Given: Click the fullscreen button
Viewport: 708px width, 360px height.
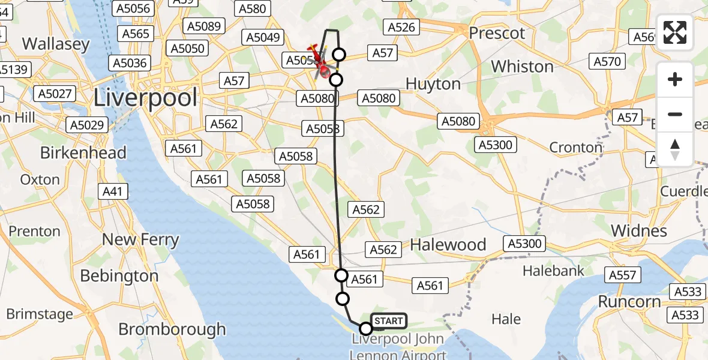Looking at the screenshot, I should [x=675, y=32].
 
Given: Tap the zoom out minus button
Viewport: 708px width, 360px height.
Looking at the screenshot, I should [x=675, y=114].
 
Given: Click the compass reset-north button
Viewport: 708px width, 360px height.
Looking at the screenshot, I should [x=675, y=149].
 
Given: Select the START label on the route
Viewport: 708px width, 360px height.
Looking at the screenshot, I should [x=389, y=321].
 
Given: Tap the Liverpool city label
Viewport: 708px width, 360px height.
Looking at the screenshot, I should [x=146, y=97].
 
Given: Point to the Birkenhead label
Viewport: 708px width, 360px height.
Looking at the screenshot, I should [x=83, y=152].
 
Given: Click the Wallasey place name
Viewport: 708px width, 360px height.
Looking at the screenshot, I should [x=56, y=44].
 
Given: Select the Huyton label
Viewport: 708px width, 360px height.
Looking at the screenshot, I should [x=433, y=84].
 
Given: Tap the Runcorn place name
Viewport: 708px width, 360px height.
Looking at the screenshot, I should [x=628, y=301].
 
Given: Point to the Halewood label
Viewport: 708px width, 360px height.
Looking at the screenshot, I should [x=448, y=244].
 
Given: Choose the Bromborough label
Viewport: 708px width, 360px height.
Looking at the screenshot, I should [x=172, y=329].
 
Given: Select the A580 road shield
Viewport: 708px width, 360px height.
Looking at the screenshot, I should [x=252, y=8].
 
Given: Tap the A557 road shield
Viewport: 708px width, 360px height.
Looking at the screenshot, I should [x=622, y=275].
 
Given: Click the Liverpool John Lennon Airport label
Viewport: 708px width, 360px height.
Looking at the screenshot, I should [x=398, y=346].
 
